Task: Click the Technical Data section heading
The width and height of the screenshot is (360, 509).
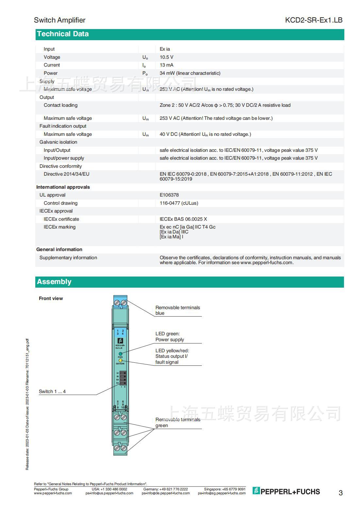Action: tap(63, 34)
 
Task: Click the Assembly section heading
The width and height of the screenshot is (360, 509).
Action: tap(54, 282)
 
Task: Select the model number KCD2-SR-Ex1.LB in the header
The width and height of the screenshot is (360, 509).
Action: tap(314, 20)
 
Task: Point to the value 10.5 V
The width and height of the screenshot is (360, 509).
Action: tap(166, 57)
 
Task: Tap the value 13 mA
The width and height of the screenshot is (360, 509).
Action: tap(166, 65)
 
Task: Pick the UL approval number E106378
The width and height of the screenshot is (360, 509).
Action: tap(169, 195)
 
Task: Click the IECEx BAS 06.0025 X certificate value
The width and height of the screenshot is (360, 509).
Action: tap(183, 219)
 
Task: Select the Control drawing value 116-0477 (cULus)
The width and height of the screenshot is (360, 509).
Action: tap(179, 203)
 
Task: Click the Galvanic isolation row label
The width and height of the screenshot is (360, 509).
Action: tap(58, 142)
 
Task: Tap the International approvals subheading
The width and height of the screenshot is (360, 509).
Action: tap(63, 187)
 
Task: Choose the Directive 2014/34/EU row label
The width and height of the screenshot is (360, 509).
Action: tap(66, 174)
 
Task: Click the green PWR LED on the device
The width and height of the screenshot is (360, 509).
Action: tap(120, 354)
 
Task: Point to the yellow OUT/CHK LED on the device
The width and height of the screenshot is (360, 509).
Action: tap(120, 360)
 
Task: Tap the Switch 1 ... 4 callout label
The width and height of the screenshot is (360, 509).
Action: tap(52, 391)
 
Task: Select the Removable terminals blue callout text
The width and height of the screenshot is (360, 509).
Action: tap(177, 310)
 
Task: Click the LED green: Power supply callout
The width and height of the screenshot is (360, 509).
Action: tap(170, 337)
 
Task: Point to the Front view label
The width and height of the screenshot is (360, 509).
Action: tap(51, 298)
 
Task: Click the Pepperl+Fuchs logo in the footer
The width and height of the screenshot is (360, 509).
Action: tap(286, 491)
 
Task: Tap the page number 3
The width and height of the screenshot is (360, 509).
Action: tap(340, 493)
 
